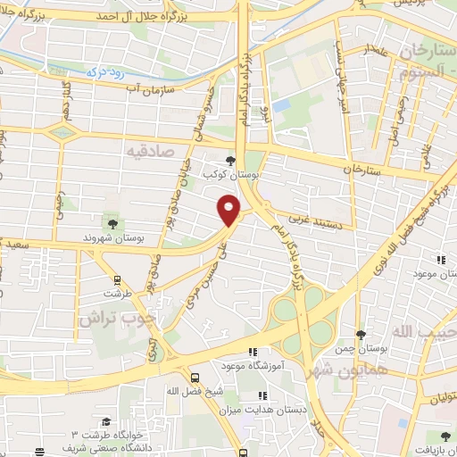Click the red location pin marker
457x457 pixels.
229,211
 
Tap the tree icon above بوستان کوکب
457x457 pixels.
232,162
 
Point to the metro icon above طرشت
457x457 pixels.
112,278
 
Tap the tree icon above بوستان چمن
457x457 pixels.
361,336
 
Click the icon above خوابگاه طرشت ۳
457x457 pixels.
105,421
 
